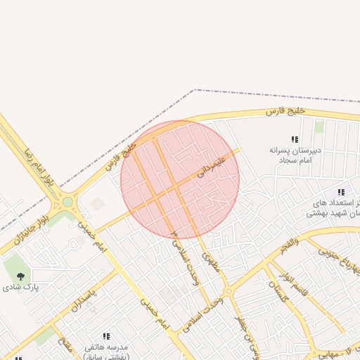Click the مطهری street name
click(x=210, y=262)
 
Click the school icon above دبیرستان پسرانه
click(x=295, y=139)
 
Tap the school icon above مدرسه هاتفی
click(x=106, y=337)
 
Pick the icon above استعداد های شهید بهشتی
click(x=341, y=192)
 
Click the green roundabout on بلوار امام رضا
click(x=67, y=202)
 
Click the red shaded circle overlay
click(x=180, y=179)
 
